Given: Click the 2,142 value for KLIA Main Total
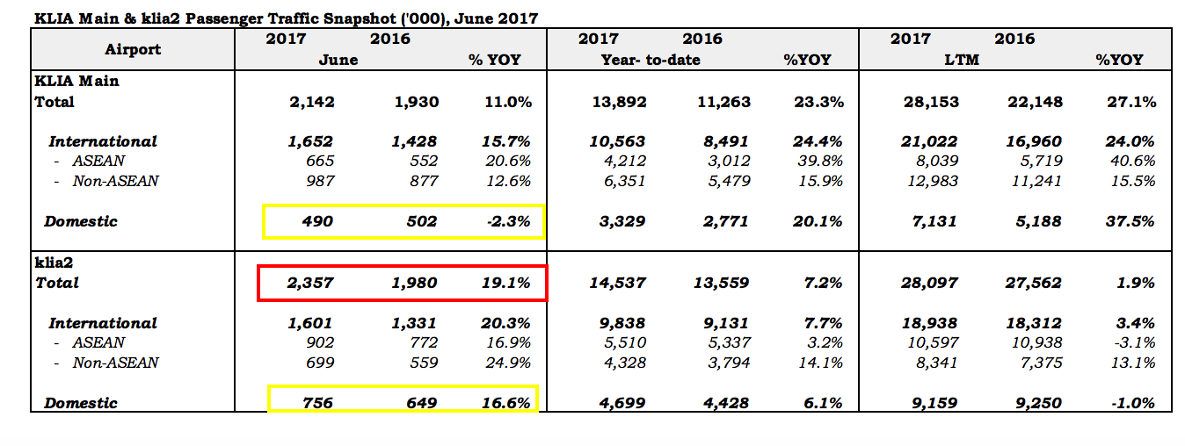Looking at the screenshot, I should (x=311, y=102).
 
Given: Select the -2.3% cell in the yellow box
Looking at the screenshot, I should (x=509, y=221).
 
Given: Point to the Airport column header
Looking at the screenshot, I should (x=133, y=49).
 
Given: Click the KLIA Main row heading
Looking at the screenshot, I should (x=76, y=81).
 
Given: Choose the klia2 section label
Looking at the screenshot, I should (x=53, y=263).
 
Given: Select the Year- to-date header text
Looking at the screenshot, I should (x=651, y=60).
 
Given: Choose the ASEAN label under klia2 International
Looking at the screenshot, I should (x=98, y=342).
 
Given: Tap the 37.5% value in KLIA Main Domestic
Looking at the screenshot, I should (x=1131, y=221).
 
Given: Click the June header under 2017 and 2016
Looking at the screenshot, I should (x=338, y=60).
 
